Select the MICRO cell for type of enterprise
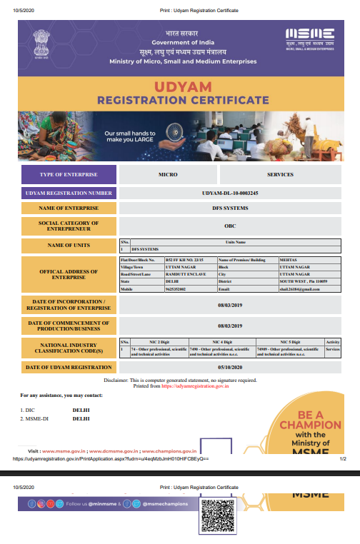168,174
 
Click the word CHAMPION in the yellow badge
310,424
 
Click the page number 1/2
342,460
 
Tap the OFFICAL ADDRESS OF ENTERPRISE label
69,275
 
